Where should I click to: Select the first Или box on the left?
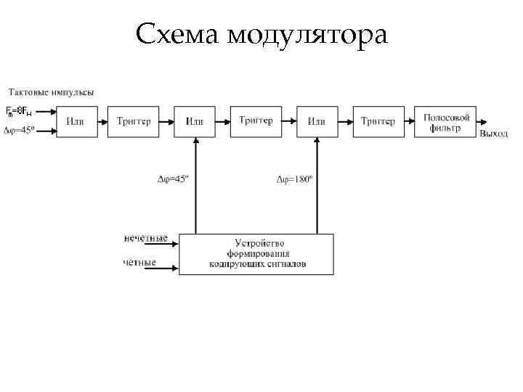[75, 122]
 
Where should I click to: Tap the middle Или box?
[195, 122]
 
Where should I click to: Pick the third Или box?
[317, 122]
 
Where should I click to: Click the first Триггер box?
[133, 122]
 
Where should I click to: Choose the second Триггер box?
[256, 121]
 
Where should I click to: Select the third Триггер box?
[378, 122]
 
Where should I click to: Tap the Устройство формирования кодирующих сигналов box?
[256, 254]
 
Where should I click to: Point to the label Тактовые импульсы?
[51, 92]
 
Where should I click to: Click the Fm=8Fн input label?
[19, 111]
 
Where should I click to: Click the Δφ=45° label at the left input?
[20, 131]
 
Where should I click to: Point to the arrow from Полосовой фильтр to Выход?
[485, 122]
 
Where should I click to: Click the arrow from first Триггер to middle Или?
[166, 122]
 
